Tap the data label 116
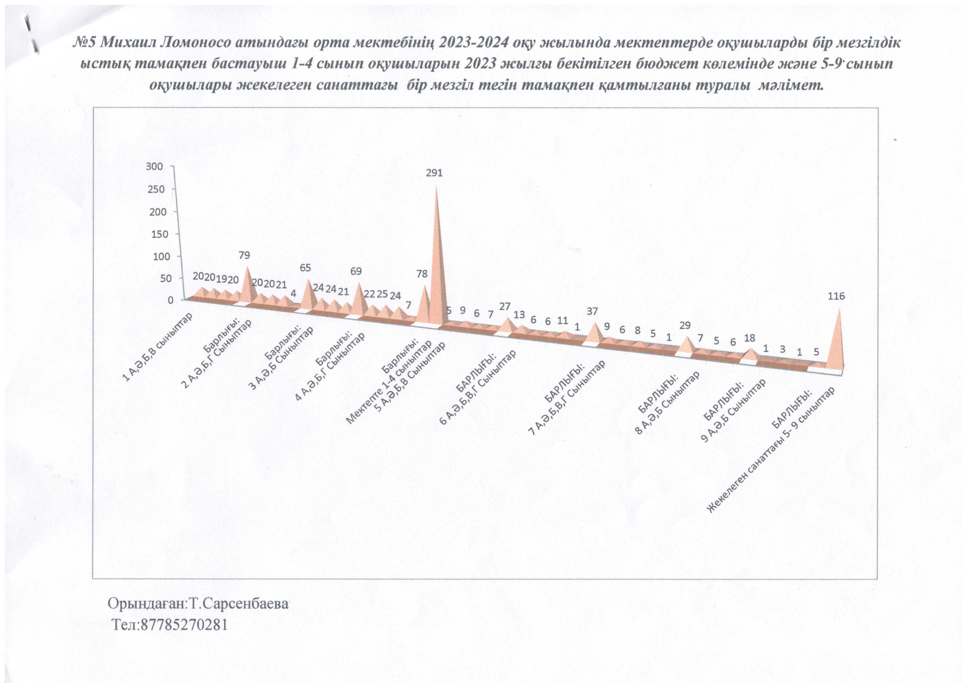[x=836, y=296]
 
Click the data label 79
[x=244, y=255]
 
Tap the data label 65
[x=305, y=268]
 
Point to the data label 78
[x=421, y=274]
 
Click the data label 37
[x=592, y=311]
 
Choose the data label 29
[x=685, y=325]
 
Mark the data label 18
[x=750, y=338]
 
